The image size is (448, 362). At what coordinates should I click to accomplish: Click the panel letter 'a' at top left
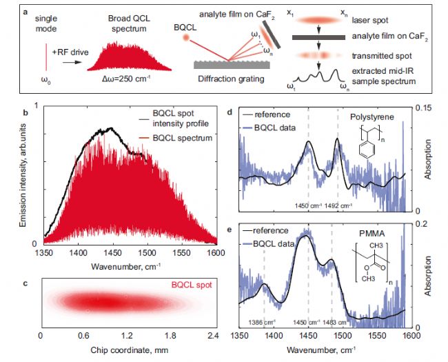coord(26,12)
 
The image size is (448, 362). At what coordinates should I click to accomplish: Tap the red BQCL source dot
coord(186,37)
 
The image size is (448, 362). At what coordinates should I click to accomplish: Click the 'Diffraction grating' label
coord(231,79)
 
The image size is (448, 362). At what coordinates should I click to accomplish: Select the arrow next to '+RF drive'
coord(72,62)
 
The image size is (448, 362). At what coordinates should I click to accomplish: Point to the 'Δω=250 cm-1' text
coord(126,79)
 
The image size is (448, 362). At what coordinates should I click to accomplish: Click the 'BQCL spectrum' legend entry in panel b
coord(182,138)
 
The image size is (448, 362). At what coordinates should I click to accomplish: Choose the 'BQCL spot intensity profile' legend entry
coord(181,119)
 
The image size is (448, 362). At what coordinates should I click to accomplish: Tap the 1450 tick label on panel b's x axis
coord(113,253)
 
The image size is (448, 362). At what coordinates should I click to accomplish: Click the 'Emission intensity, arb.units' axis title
coord(23,175)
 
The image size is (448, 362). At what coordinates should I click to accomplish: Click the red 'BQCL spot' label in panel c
coord(192,285)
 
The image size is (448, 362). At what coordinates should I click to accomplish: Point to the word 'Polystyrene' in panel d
coord(372,117)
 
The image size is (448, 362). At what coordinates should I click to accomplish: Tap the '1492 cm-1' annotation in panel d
coord(338,205)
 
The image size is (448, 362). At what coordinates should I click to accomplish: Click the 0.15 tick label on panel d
coord(424,108)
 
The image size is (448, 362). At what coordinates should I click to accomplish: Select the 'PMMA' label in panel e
coord(371,234)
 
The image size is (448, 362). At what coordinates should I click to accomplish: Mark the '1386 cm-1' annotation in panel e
coord(262,323)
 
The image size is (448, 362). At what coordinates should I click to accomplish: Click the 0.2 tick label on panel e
coord(421,223)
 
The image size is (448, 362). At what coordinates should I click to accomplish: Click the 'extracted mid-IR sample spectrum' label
coord(383,76)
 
